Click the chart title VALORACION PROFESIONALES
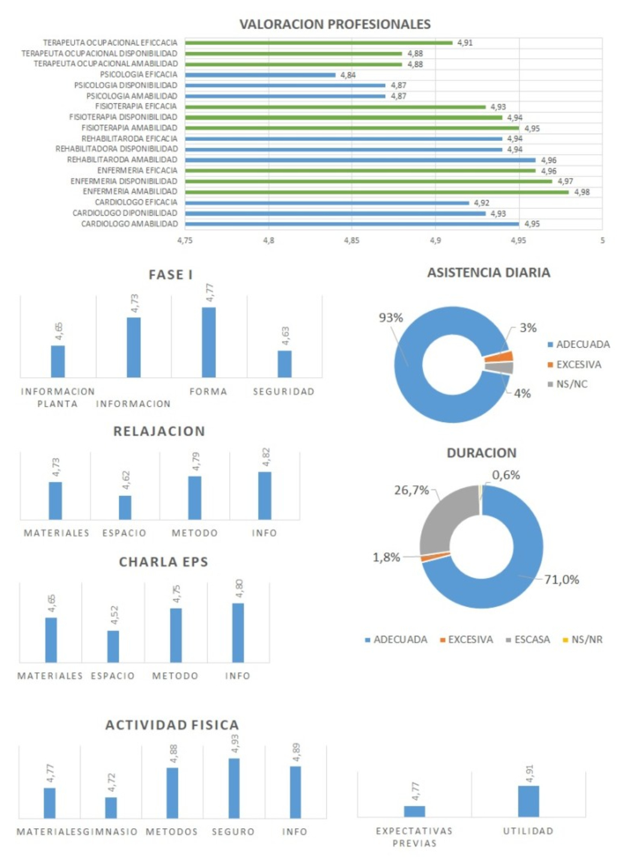[x=335, y=24]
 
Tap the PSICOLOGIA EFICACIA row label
[x=139, y=75]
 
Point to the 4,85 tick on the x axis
[x=352, y=240]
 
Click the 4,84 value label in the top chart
[x=348, y=76]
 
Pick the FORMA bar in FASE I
[x=209, y=342]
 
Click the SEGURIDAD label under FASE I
[x=284, y=392]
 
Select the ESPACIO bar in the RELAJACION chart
[x=125, y=507]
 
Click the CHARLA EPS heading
[x=163, y=562]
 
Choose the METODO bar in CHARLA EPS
[x=176, y=635]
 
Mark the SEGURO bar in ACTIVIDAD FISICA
[x=234, y=788]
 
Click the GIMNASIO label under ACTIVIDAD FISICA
[x=113, y=832]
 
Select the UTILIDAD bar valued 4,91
[x=529, y=801]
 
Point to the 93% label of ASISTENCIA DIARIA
[x=391, y=318]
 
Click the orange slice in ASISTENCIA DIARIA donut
[x=499, y=357]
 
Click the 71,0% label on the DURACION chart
[x=562, y=579]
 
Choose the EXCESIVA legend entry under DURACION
[x=470, y=640]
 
